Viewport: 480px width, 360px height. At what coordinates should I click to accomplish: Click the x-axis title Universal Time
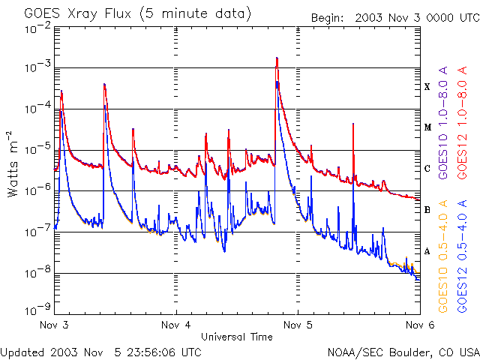(237, 337)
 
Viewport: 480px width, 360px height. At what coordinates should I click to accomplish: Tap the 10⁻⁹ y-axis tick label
(37, 308)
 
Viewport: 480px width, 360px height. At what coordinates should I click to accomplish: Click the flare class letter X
(427, 87)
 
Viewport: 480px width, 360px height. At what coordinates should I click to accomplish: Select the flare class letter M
(427, 127)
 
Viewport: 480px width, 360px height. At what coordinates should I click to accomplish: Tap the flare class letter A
(427, 251)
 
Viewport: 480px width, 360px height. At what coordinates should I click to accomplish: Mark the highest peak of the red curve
(277, 58)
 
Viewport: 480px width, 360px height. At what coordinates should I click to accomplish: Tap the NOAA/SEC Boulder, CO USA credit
(403, 352)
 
